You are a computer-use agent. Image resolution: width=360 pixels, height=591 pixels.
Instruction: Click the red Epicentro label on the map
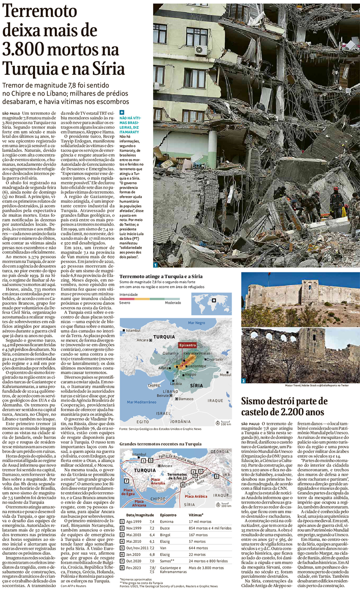pyautogui.click(x=188, y=345)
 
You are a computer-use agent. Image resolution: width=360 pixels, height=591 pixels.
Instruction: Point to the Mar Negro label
pyautogui.click(x=197, y=323)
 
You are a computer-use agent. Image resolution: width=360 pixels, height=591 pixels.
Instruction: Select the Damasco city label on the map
pyautogui.click(x=186, y=399)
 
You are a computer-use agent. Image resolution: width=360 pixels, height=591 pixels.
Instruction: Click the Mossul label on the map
pyautogui.click(x=225, y=375)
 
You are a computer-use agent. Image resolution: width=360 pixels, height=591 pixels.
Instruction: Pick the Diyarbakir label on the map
pyautogui.click(x=215, y=359)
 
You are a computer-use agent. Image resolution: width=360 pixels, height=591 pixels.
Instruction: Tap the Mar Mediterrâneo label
pyautogui.click(x=142, y=402)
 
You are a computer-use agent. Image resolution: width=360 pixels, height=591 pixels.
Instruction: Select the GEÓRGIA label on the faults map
pyautogui.click(x=220, y=451)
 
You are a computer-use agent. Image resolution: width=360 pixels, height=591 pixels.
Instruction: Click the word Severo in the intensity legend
pyautogui.click(x=125, y=303)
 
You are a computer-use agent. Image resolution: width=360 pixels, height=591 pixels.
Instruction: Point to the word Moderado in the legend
pyautogui.click(x=173, y=303)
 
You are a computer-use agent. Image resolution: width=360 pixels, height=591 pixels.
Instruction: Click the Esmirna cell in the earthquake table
pyautogui.click(x=167, y=522)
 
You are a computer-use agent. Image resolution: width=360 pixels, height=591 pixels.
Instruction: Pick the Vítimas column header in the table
pyautogui.click(x=196, y=515)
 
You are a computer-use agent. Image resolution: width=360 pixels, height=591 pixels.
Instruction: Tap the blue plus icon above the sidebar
pyautogui.click(x=122, y=112)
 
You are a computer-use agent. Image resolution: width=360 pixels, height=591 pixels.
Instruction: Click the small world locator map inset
pyautogui.click(x=211, y=304)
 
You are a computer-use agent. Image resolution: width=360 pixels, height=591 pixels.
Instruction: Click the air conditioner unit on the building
pyautogui.click(x=201, y=50)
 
